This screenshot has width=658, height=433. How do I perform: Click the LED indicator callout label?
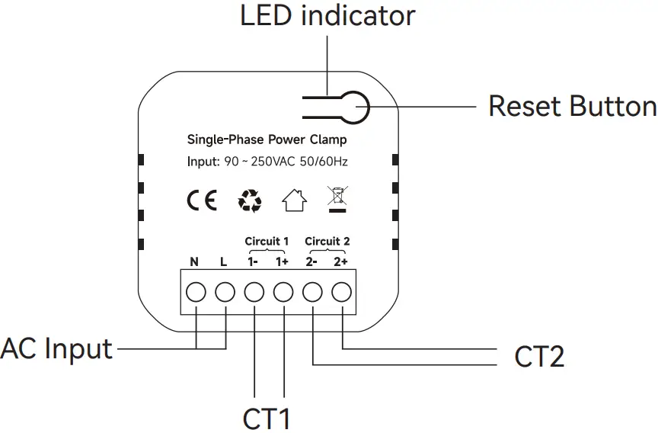click(x=327, y=16)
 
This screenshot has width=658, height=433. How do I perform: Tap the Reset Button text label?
click(x=572, y=106)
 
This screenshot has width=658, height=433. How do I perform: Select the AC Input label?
click(x=56, y=349)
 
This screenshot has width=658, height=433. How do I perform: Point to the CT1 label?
click(x=267, y=419)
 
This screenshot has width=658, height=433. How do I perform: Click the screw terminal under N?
click(x=196, y=292)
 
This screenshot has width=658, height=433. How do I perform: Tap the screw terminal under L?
click(x=225, y=292)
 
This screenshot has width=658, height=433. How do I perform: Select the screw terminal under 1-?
click(x=254, y=292)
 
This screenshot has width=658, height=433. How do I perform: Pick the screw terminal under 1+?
click(x=283, y=292)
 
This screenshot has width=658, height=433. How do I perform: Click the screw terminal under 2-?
click(x=313, y=292)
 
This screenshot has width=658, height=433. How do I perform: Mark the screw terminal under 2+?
click(x=342, y=292)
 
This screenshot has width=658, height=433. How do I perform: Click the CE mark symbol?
click(x=202, y=200)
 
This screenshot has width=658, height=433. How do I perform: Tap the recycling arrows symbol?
click(x=250, y=200)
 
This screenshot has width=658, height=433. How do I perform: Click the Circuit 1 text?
click(x=267, y=242)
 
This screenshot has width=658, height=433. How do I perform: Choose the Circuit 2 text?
click(x=327, y=242)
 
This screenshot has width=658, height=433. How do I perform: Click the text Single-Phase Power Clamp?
click(x=267, y=140)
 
